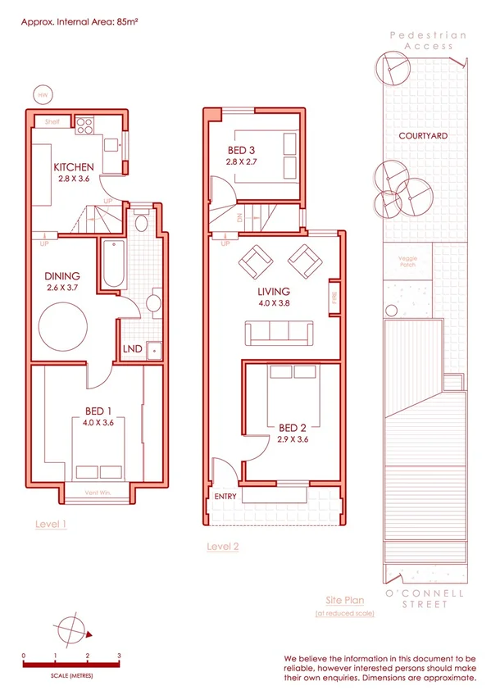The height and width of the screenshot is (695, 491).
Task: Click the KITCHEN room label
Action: [x=74, y=167]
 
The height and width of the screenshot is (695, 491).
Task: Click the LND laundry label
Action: [x=132, y=349]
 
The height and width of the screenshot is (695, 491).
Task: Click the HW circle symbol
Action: [x=43, y=95]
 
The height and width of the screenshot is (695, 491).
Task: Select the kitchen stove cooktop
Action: [x=85, y=126]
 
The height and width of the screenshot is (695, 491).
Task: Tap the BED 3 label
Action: [x=242, y=150]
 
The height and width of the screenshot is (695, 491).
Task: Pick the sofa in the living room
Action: [x=279, y=332]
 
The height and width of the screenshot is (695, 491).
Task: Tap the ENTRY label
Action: [x=225, y=497]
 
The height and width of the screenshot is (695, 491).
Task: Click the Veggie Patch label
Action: [x=407, y=262]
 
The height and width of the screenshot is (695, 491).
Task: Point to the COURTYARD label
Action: [x=422, y=136]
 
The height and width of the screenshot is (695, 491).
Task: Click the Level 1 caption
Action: [x=51, y=523]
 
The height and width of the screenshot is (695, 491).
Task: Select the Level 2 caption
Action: [x=223, y=546]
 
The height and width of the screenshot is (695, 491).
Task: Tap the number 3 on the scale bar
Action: [x=119, y=656]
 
